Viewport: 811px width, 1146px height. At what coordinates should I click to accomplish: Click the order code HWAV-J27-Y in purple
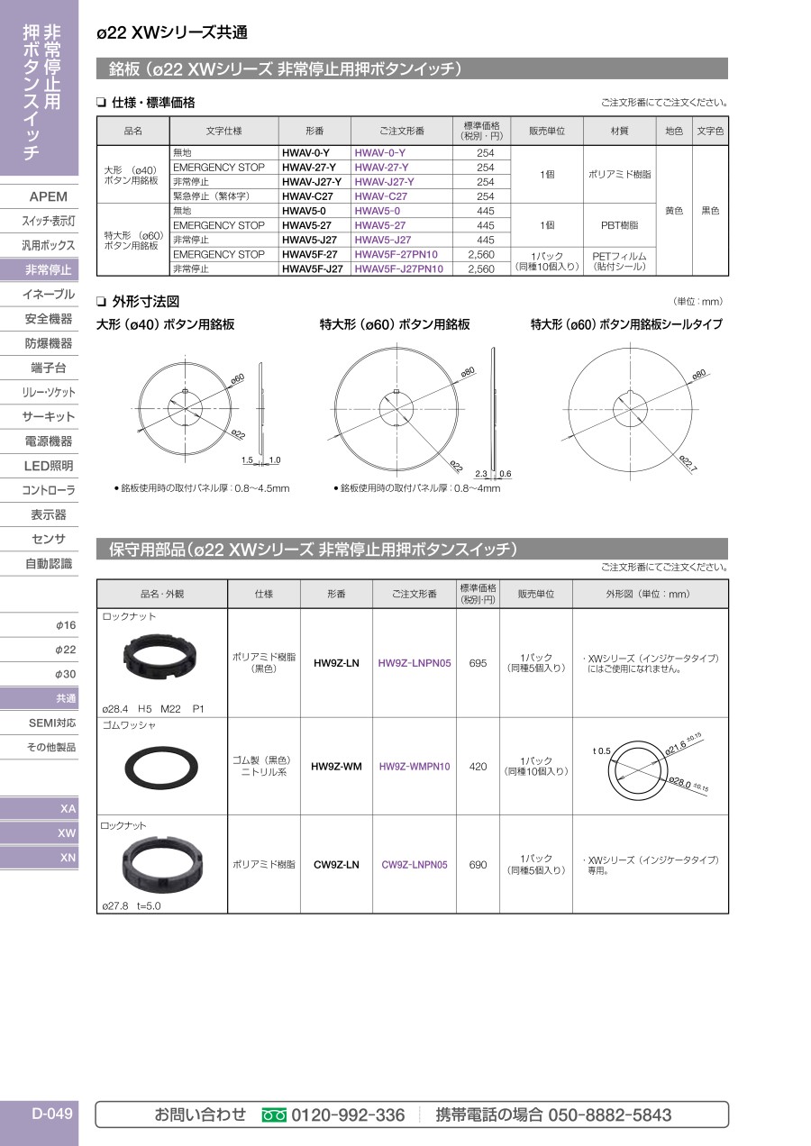pyautogui.click(x=384, y=182)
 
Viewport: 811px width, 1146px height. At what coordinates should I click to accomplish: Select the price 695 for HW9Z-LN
pyautogui.click(x=478, y=663)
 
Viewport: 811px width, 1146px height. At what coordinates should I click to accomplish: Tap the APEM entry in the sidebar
pyautogui.click(x=49, y=196)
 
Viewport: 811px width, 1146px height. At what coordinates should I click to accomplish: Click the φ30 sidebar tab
pyautogui.click(x=66, y=674)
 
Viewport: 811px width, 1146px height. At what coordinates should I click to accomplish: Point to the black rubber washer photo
pyautogui.click(x=161, y=768)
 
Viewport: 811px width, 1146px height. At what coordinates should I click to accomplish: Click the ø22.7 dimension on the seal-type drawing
pyautogui.click(x=688, y=462)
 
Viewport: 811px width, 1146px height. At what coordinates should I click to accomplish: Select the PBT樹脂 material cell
pyautogui.click(x=619, y=225)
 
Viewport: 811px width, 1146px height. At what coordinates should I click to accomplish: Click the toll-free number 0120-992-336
pyautogui.click(x=348, y=1114)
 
